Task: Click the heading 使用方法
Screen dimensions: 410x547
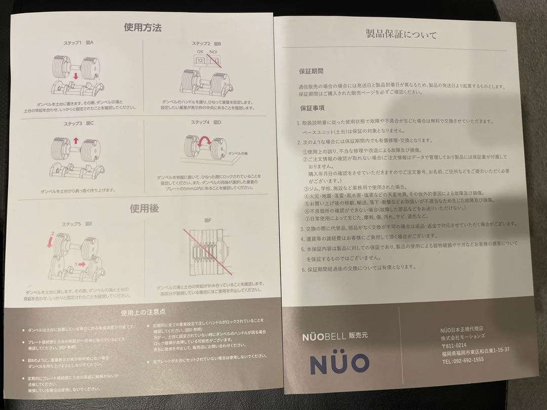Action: tap(143, 27)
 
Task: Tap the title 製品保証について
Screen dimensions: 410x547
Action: tap(401, 35)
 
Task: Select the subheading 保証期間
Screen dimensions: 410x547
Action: tap(311, 72)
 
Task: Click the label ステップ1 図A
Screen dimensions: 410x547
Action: tap(80, 43)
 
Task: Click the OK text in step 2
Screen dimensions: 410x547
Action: tap(200, 51)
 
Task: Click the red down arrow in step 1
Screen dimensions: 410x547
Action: tap(75, 76)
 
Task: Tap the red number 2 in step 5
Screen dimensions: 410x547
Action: tap(51, 234)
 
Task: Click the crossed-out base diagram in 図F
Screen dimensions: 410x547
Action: tap(207, 252)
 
